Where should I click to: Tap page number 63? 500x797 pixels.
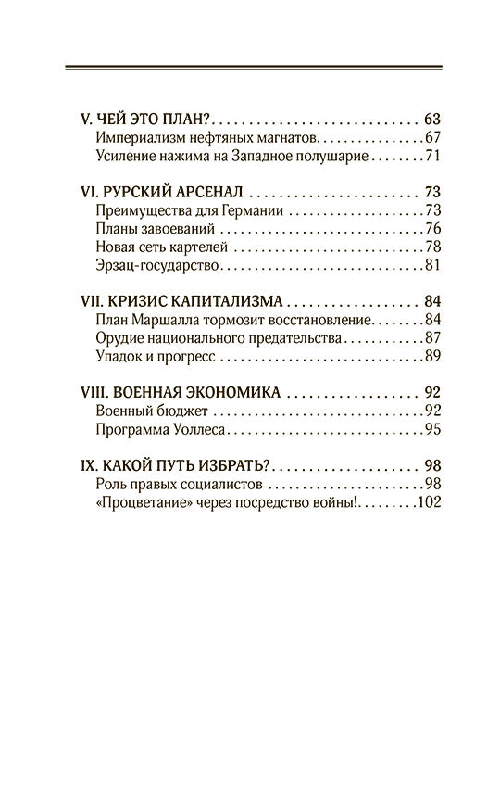coord(431,120)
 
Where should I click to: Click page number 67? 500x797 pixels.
coord(432,138)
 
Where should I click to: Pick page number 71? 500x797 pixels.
coord(432,157)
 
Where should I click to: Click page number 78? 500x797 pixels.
coord(432,247)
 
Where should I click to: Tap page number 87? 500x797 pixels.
coord(432,338)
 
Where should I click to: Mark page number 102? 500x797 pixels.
coord(429,501)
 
